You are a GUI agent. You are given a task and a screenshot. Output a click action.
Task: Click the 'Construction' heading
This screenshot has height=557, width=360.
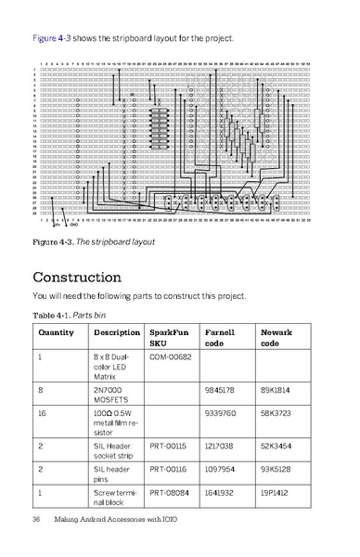coord(90,277)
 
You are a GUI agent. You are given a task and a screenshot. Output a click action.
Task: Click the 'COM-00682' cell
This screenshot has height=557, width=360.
coord(171,357)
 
